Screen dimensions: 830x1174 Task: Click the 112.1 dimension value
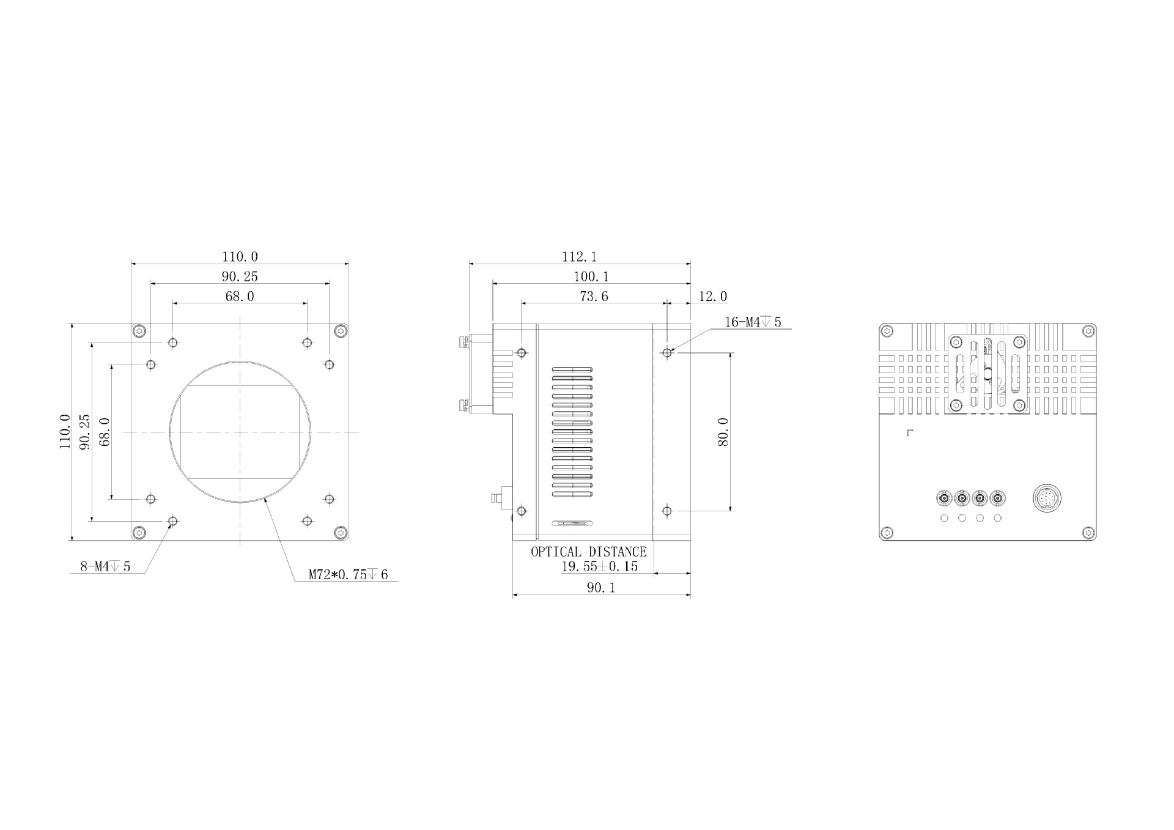pos(579,257)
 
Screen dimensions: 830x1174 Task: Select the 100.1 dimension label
pos(591,276)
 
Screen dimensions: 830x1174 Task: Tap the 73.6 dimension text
pos(594,297)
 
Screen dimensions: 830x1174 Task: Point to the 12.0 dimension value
pos(712,297)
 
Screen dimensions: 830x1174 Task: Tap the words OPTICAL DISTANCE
pos(588,552)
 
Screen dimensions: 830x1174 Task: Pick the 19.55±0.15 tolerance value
pos(599,566)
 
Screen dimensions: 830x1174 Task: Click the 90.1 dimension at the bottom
pos(601,588)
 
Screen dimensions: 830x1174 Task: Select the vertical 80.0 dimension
pos(723,432)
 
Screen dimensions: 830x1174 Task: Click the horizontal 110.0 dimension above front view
pos(240,257)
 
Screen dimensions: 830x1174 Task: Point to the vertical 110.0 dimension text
pos(65,432)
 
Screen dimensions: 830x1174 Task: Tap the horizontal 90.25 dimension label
pos(240,276)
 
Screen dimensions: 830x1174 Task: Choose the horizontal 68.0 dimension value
pos(240,297)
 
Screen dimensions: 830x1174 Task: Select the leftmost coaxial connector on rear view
pos(944,499)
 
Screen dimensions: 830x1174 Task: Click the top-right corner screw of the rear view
pos(1088,332)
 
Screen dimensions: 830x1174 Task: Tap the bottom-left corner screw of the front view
pos(141,532)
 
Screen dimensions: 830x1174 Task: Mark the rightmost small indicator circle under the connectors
pos(998,519)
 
